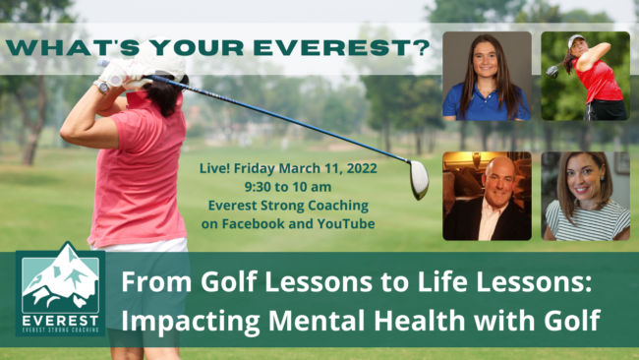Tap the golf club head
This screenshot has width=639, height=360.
pyautogui.click(x=418, y=179)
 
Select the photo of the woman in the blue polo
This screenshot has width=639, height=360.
pyautogui.click(x=487, y=76)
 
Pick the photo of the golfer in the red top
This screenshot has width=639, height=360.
pyautogui.click(x=585, y=76)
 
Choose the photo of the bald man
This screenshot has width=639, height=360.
pyautogui.click(x=487, y=196)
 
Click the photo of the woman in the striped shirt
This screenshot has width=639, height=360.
pyautogui.click(x=585, y=196)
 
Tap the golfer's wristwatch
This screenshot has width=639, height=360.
pyautogui.click(x=103, y=86)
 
